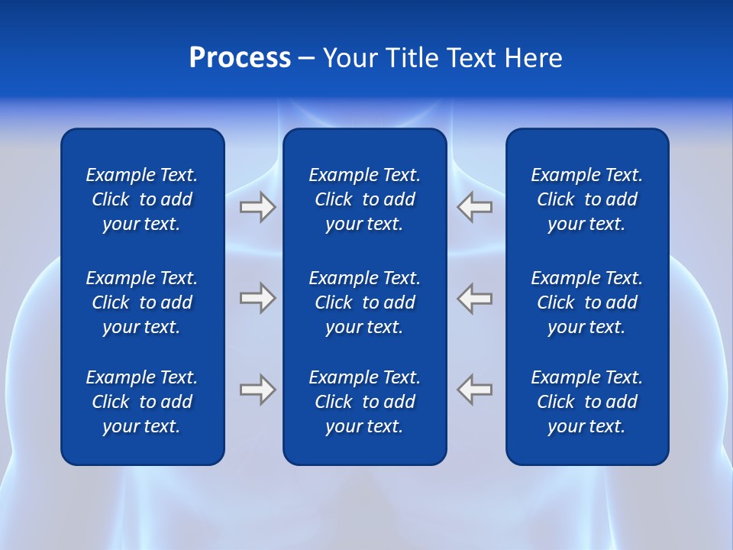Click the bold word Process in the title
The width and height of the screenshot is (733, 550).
click(240, 58)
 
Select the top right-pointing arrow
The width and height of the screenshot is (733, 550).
click(257, 207)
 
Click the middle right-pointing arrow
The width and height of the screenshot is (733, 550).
click(257, 298)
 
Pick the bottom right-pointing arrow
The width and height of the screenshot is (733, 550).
click(257, 390)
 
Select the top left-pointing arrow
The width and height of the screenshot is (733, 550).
click(475, 207)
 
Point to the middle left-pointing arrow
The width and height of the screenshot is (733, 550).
click(475, 298)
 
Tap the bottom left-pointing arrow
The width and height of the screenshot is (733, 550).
click(475, 390)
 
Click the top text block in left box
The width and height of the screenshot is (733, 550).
click(142, 199)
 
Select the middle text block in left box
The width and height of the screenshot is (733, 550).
click(142, 302)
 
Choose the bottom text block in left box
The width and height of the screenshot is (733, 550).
click(142, 402)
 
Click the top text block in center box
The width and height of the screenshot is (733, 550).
click(364, 199)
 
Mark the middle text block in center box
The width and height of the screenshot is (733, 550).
click(364, 302)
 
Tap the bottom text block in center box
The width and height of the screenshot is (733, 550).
click(364, 402)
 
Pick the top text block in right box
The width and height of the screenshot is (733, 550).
click(586, 199)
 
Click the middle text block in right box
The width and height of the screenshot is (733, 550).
click(586, 302)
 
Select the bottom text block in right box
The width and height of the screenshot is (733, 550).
click(586, 402)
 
